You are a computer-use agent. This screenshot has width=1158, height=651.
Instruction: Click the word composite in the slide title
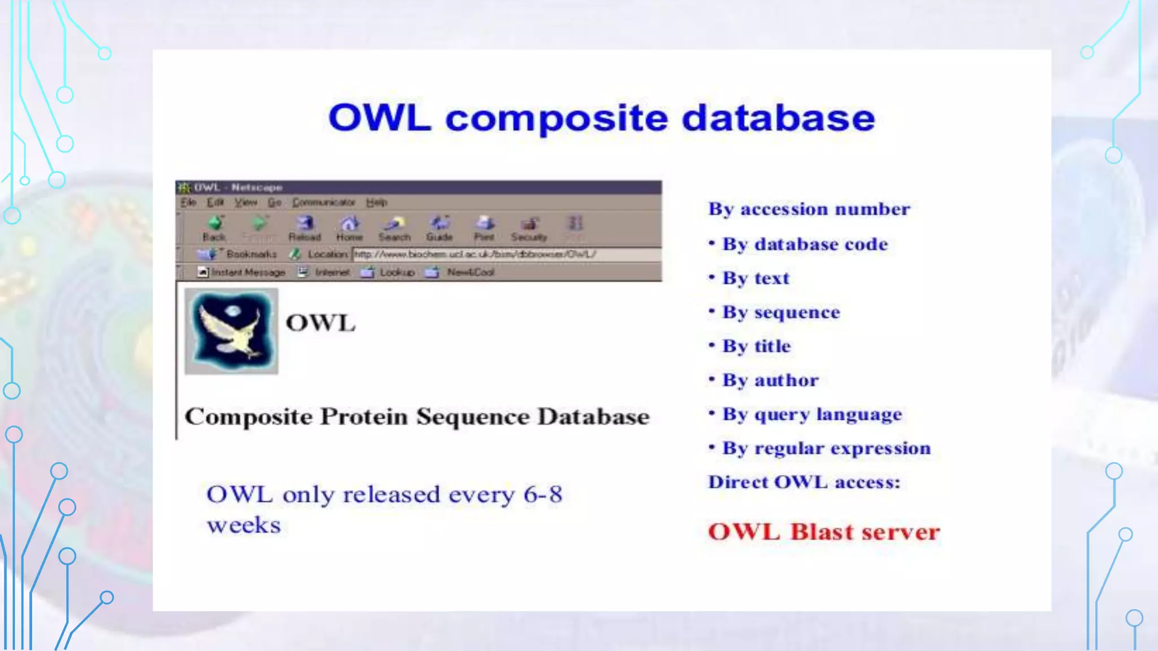pos(556,119)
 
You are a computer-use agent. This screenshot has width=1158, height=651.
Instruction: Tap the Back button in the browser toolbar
pos(214,228)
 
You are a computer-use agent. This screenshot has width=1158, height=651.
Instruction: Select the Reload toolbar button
pos(305,228)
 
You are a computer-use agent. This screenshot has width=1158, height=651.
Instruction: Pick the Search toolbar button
pos(395,228)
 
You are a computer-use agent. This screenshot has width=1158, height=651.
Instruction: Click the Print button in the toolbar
pos(485,228)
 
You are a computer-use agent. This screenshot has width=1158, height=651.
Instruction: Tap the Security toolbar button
pos(529,228)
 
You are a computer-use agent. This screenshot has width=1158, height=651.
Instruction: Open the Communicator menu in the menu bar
pos(323,202)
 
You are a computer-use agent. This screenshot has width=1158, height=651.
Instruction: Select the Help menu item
pos(377,202)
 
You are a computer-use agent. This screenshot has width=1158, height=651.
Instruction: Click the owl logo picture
pos(231,331)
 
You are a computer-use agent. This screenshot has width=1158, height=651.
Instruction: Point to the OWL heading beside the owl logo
pos(321,323)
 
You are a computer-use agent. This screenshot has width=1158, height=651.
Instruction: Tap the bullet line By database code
pos(805,244)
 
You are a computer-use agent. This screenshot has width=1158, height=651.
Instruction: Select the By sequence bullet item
pos(781,313)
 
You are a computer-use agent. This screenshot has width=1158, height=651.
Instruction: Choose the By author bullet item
pos(770,380)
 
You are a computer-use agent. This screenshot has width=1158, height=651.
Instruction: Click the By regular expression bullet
pos(826,448)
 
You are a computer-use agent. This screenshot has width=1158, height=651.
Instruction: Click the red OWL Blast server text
pos(824,532)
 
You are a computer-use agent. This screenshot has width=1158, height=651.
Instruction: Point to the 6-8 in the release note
pos(543,495)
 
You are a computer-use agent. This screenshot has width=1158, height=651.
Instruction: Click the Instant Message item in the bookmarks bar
pos(248,272)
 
